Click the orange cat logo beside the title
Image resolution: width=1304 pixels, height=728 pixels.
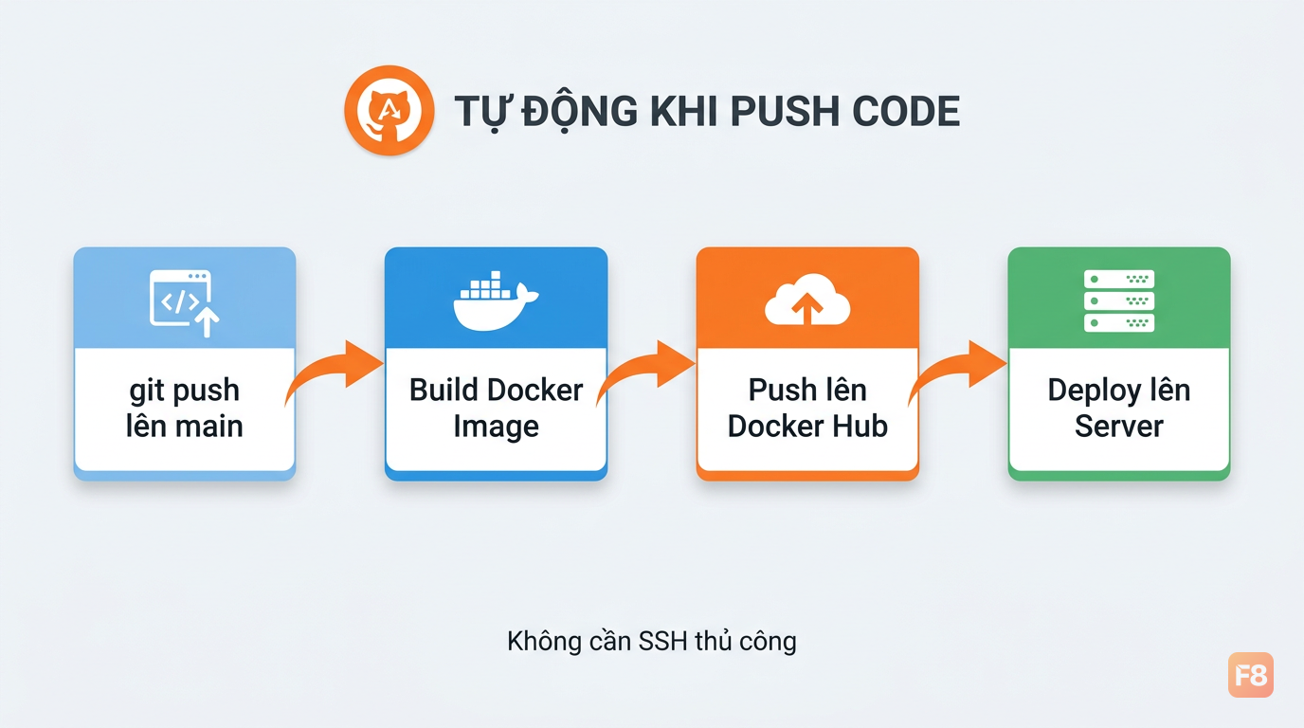[389, 110]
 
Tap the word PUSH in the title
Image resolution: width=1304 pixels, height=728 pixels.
[785, 111]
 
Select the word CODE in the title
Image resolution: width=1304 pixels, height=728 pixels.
[906, 111]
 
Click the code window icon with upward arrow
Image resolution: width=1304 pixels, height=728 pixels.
[185, 302]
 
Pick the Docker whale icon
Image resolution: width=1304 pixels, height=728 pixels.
[496, 300]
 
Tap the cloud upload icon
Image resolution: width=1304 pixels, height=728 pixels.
[807, 300]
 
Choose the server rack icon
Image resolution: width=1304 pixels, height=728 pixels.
[1119, 301]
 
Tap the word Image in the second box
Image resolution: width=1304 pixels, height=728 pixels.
[496, 428]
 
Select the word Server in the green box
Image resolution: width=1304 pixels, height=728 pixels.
[1119, 427]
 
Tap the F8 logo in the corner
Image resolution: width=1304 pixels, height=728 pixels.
[1250, 675]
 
